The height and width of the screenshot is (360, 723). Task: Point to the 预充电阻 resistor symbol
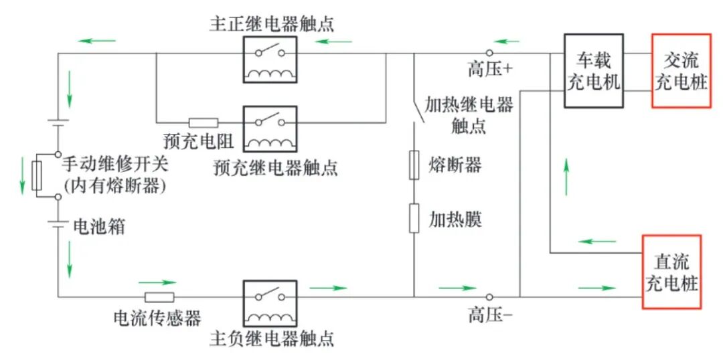click(204, 122)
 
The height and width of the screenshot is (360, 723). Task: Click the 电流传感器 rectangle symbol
click(159, 297)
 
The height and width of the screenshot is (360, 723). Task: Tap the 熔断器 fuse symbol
click(414, 165)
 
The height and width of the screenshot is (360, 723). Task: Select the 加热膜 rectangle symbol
click(414, 218)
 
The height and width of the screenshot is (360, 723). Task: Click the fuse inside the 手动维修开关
click(37, 175)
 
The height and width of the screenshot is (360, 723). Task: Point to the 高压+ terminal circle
click(489, 53)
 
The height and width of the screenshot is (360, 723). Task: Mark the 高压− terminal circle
click(489, 297)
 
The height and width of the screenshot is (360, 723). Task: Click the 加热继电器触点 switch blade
click(419, 110)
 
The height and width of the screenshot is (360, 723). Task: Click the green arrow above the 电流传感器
click(157, 282)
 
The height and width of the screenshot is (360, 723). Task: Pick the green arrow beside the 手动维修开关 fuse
click(22, 175)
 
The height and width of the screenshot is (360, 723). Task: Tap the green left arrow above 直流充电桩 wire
click(597, 241)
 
